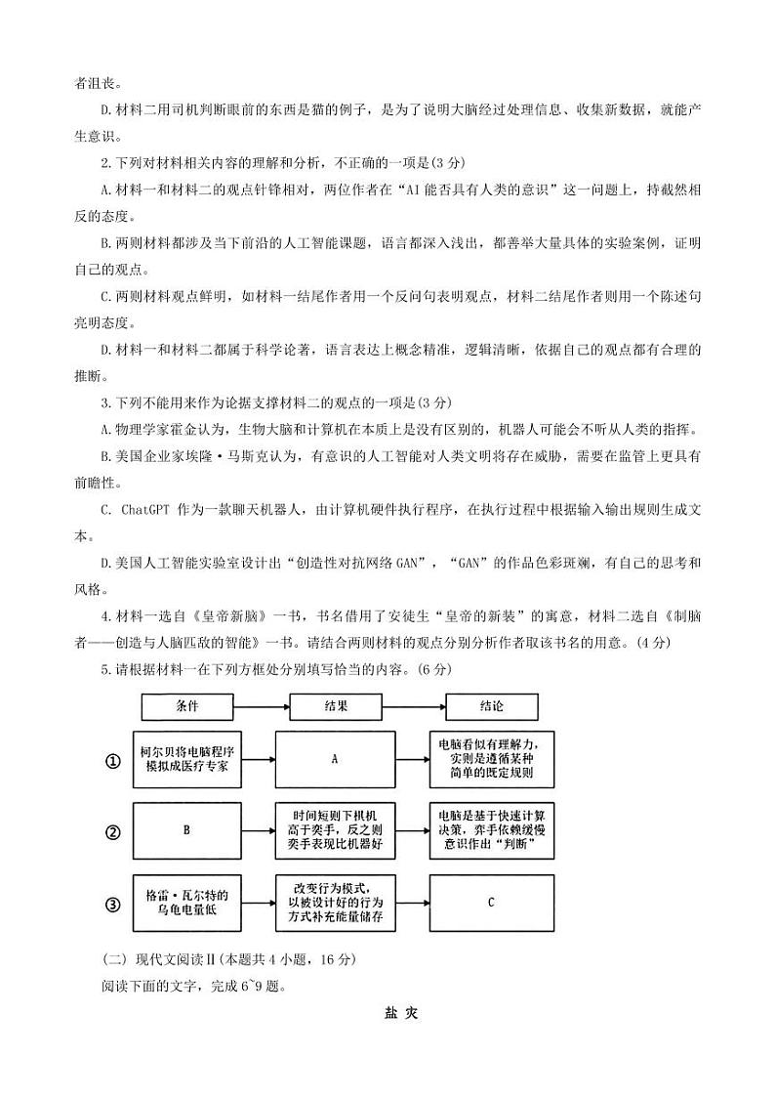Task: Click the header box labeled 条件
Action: point(186,705)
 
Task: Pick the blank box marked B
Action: point(186,831)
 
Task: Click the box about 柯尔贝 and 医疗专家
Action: point(186,759)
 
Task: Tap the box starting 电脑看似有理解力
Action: point(492,759)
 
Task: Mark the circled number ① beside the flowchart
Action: point(112,761)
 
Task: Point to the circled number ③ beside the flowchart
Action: point(112,905)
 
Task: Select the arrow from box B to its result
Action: point(258,831)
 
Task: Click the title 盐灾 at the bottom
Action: point(400,1013)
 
